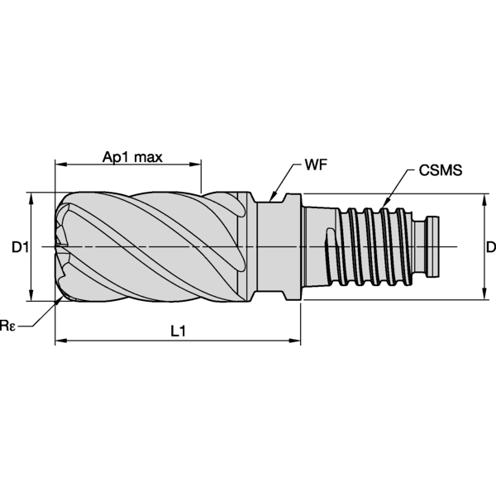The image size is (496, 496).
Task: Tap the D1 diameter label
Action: tap(21, 247)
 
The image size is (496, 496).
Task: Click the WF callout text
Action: tap(315, 164)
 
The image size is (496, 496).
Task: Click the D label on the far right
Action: tap(490, 247)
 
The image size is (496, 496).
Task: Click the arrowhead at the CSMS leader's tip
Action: tap(385, 203)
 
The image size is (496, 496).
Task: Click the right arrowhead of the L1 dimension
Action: tap(295, 339)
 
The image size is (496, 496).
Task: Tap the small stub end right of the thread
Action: tap(434, 246)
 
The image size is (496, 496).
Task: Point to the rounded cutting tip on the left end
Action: tap(60, 246)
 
